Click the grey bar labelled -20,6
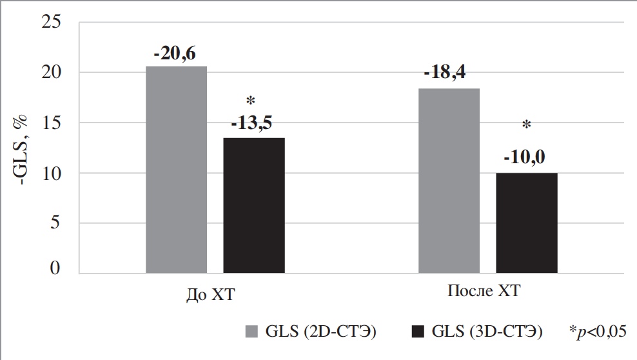coord(176,170)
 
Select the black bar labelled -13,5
coord(254,206)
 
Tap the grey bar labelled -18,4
coord(449,181)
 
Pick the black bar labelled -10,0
coord(527,223)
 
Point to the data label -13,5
coord(254,125)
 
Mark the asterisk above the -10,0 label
coord(526,125)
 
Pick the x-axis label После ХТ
coord(484,292)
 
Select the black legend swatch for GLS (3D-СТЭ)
coord(417,332)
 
